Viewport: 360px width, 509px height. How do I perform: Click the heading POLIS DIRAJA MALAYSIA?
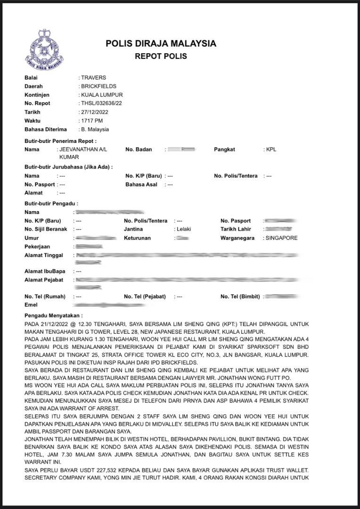[161, 44]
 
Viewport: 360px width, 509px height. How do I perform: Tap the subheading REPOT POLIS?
[161, 57]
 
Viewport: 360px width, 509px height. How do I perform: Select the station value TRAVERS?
[93, 78]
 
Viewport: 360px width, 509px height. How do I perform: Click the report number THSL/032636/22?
[101, 104]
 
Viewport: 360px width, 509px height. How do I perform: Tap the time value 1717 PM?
[93, 121]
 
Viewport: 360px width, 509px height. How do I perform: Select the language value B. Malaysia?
[95, 129]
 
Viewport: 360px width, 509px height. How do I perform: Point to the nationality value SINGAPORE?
[281, 238]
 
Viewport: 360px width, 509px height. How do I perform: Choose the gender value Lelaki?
[183, 230]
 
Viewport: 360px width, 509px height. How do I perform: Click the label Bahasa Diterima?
[46, 129]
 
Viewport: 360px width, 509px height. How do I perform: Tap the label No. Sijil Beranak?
[46, 230]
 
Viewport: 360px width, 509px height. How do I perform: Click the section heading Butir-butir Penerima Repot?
[60, 141]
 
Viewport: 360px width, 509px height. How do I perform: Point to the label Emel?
[31, 305]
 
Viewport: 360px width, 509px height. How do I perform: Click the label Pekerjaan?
[37, 246]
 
